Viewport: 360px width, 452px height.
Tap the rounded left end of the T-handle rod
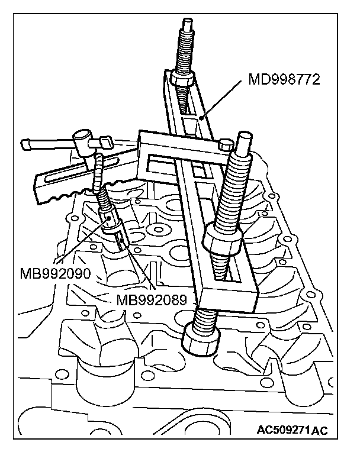click(25, 143)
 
